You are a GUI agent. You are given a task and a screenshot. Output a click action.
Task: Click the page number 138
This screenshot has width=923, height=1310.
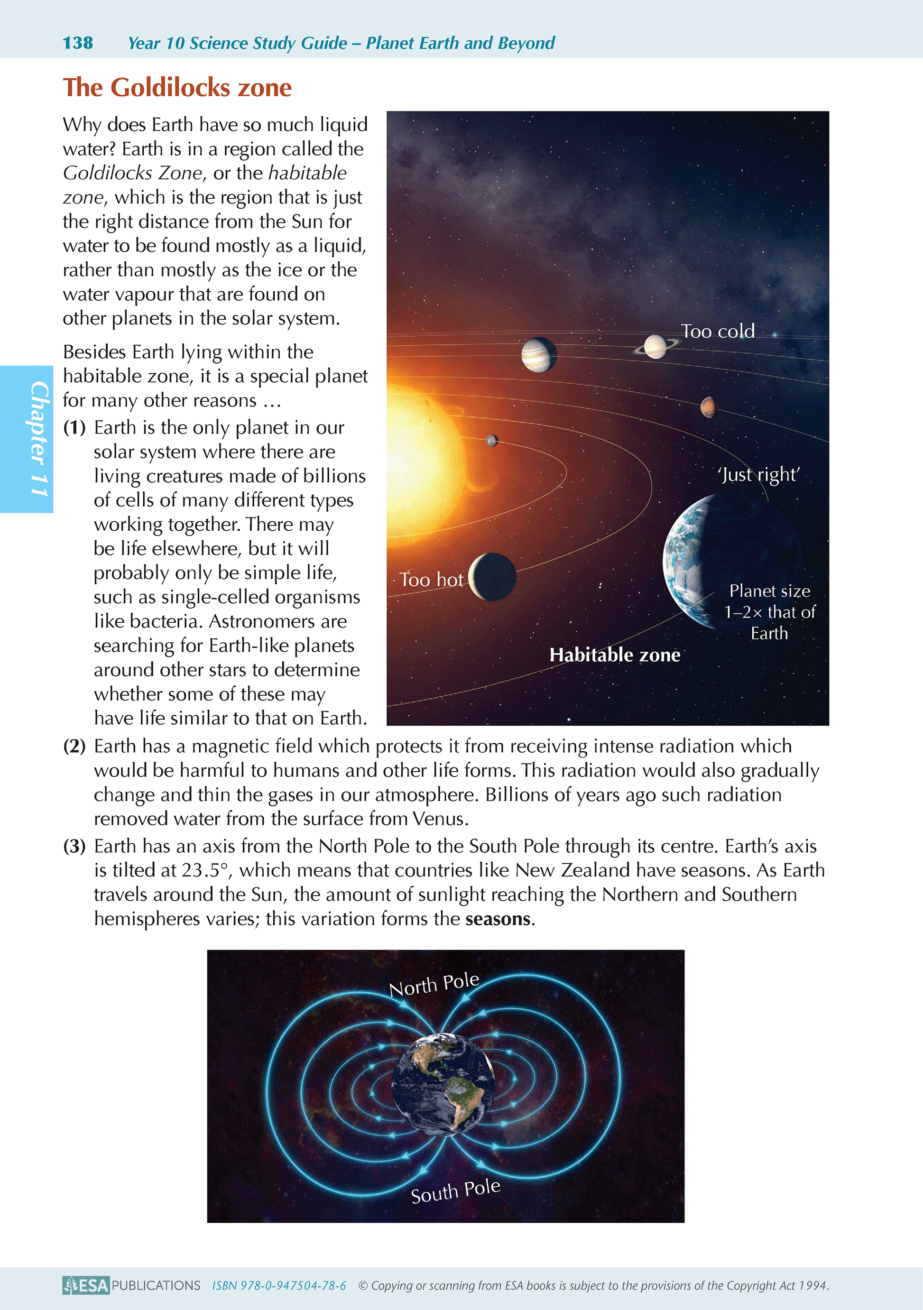click(x=78, y=43)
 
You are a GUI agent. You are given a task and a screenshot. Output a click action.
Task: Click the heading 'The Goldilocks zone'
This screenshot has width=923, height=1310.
click(x=177, y=88)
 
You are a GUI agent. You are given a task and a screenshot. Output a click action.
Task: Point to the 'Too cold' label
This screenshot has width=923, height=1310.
click(x=717, y=331)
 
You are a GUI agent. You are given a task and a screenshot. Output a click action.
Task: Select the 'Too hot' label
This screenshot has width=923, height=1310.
click(x=431, y=579)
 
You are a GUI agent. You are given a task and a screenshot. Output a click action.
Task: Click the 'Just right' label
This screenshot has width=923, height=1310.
click(x=759, y=475)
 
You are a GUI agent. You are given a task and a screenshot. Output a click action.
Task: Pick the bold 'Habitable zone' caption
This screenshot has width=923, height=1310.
click(x=614, y=655)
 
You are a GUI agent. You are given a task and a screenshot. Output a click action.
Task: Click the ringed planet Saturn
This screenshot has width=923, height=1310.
click(x=655, y=346)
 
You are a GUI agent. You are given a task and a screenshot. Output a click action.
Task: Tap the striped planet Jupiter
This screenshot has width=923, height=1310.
click(x=538, y=354)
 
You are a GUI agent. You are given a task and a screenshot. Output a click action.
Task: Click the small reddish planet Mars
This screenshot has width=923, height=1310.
click(x=707, y=407)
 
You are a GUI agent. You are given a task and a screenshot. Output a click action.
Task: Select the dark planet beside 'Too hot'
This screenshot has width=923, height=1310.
click(x=493, y=576)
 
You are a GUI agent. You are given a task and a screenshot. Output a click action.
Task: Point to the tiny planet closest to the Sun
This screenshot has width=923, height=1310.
click(x=491, y=440)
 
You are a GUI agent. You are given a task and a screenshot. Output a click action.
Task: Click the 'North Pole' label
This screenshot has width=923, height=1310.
click(x=434, y=984)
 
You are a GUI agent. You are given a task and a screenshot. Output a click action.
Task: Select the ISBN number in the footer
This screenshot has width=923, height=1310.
click(x=279, y=1285)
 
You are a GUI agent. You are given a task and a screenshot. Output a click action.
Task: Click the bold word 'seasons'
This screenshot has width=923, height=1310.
click(x=498, y=919)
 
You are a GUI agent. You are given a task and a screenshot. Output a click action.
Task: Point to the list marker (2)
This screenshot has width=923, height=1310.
click(x=74, y=746)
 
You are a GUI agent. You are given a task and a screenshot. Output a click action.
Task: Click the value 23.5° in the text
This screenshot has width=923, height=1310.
click(x=205, y=870)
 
